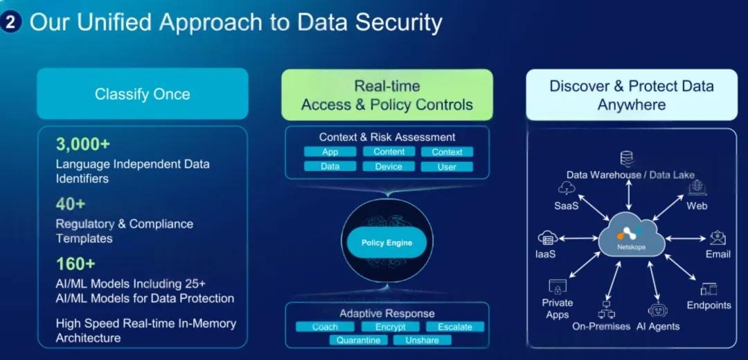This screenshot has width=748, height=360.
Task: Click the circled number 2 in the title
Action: (12, 21)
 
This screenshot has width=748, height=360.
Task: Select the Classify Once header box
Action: (142, 94)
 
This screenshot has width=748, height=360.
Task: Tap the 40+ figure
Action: (70, 204)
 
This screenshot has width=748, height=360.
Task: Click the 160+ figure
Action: (75, 264)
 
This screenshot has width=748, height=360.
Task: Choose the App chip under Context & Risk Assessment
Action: (330, 152)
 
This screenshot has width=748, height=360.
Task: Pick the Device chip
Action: (389, 166)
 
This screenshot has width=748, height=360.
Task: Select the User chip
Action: (447, 166)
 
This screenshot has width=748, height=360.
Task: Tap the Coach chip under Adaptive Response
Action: (325, 327)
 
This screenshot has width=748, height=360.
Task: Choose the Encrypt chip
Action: (391, 327)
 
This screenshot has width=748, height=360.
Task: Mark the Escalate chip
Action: (455, 327)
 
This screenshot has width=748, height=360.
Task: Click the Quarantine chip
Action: (358, 340)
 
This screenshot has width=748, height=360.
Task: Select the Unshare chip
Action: (422, 340)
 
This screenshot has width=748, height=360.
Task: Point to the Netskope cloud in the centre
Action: (631, 235)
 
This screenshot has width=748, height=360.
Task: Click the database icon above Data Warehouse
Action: (628, 159)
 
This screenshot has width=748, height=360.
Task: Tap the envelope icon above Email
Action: (718, 238)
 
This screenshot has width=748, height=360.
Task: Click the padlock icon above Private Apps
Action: (557, 286)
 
